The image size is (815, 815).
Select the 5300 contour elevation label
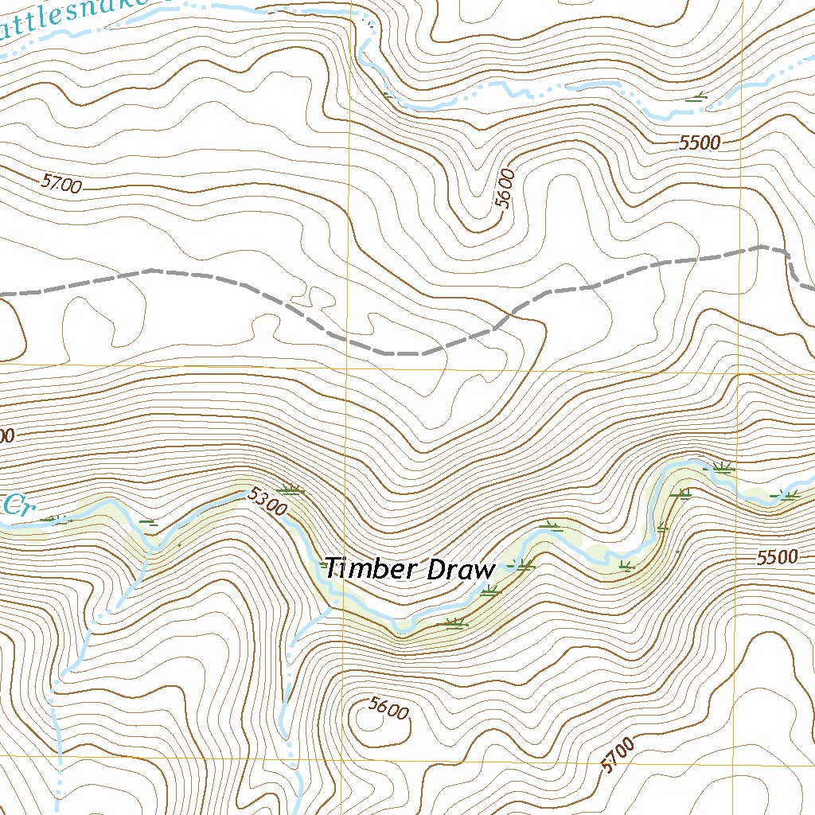[265, 501]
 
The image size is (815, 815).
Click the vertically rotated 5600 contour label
[504, 189]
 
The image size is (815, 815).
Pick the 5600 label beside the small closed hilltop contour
[388, 708]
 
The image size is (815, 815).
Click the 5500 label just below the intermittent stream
[700, 143]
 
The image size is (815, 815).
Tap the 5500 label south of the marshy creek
[776, 557]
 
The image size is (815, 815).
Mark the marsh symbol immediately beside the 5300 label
[290, 489]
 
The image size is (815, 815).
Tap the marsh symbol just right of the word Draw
[523, 566]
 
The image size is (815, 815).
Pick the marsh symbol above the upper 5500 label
[698, 98]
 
